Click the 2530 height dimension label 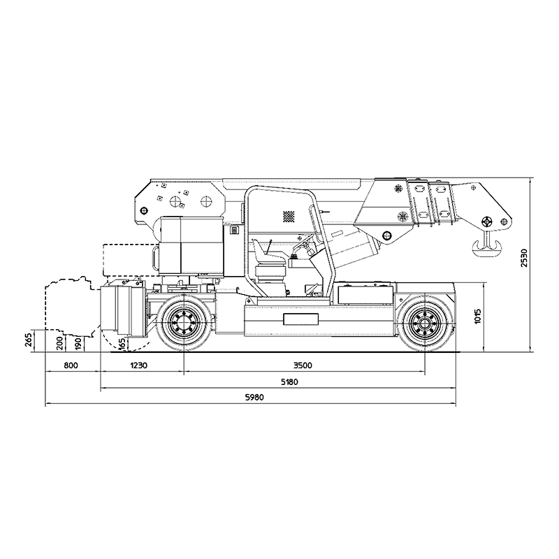523,257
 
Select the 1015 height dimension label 478,317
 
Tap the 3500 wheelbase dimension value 303,365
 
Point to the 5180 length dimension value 289,382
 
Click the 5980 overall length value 254,398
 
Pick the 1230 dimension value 138,365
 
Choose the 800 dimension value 71,365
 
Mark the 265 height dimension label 29,340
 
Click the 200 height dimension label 60,343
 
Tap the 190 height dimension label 79,343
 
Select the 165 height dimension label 122,344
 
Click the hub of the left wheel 183,321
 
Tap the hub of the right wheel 425,323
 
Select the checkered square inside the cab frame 289,217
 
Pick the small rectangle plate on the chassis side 301,319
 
